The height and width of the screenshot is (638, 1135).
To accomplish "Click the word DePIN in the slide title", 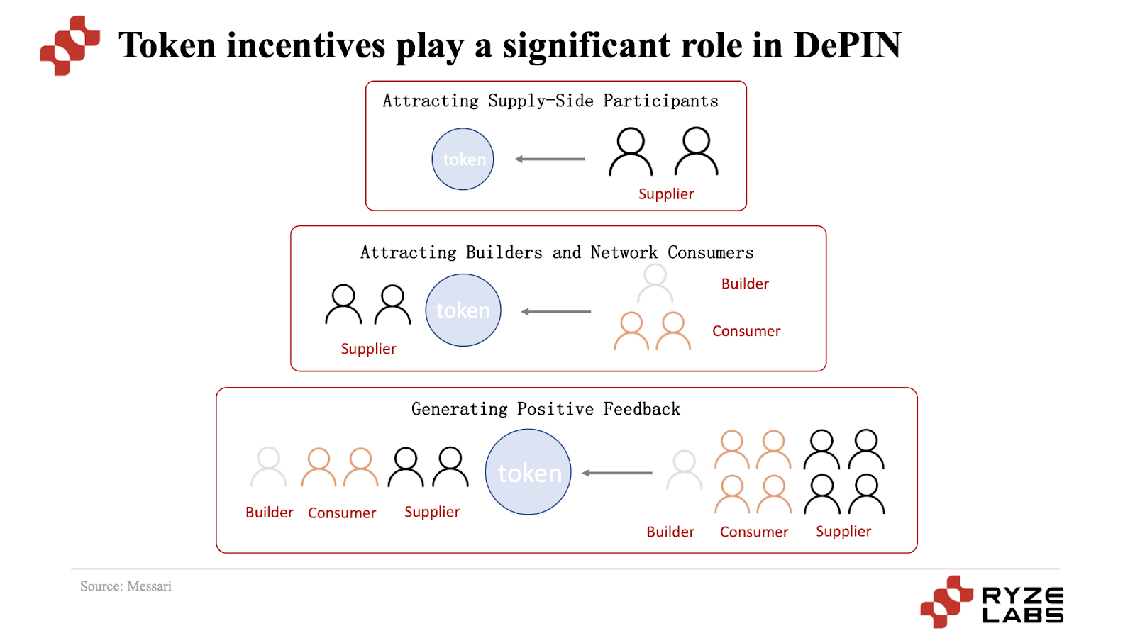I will [x=847, y=45].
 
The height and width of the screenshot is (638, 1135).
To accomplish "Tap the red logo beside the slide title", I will [x=70, y=45].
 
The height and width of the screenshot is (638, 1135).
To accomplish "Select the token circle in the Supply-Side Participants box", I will [x=463, y=159].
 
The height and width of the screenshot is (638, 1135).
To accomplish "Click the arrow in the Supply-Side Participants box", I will [x=550, y=159].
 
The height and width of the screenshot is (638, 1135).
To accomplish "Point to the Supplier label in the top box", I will [x=665, y=194].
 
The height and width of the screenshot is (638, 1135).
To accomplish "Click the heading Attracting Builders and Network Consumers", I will [x=557, y=253].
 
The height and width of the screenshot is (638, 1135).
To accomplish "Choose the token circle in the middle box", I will [x=463, y=310].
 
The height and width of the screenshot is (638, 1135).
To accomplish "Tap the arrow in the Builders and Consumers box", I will [x=556, y=312].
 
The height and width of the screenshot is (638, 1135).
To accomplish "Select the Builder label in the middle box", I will [x=745, y=284].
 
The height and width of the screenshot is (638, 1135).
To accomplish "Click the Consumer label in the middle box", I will [x=746, y=331].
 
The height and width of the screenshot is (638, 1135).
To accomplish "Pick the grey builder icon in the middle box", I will [x=655, y=284].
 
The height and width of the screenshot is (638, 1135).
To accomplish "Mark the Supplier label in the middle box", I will [x=368, y=349].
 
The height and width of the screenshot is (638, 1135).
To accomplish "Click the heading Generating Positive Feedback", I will [x=546, y=409].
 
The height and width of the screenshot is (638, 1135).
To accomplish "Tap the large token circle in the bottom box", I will [x=528, y=472].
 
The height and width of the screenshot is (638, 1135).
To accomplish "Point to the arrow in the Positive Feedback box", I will [x=617, y=473].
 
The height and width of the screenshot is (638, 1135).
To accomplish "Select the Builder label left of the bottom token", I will [x=269, y=513].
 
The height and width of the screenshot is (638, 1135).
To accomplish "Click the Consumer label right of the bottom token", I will [x=753, y=532].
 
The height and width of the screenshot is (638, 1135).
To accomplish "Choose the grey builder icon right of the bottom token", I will [x=684, y=470].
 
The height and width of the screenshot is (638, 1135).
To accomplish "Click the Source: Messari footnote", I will [x=126, y=586].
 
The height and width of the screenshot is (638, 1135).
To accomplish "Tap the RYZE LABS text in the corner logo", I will [x=1022, y=605].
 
